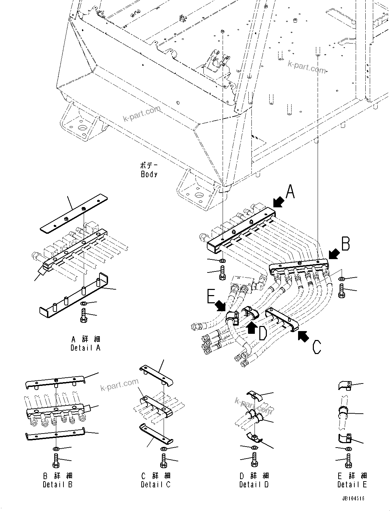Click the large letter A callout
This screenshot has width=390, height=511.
point(290,192)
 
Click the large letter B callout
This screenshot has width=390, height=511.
point(345,244)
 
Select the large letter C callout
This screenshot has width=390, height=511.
point(317,347)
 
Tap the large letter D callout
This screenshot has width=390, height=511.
point(263,333)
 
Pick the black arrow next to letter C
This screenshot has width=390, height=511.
point(303,336)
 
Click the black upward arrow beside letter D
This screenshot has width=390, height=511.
point(252,328)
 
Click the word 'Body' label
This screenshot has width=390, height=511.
point(149,174)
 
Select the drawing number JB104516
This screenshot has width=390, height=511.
point(353,498)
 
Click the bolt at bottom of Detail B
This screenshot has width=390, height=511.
point(56,460)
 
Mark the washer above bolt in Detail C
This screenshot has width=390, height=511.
point(164,449)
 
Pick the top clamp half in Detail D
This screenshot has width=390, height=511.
point(254,396)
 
